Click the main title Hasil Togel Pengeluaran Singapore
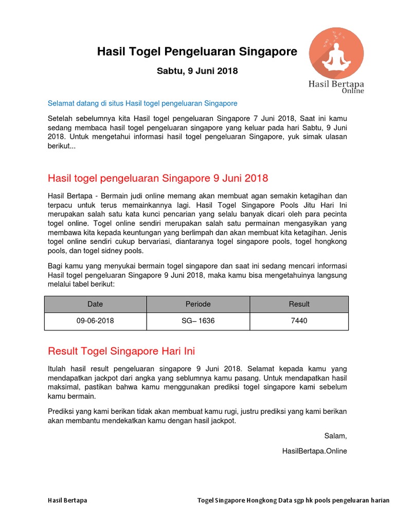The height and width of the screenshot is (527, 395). pos(197,51)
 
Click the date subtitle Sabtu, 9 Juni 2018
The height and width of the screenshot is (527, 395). pos(197,71)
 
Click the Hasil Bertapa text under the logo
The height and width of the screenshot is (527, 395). pos(336,83)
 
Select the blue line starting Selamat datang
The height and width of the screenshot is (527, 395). pos(142,103)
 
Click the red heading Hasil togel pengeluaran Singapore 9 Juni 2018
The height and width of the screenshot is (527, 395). pos(158,178)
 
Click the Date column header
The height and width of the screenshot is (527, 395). pos(95,304)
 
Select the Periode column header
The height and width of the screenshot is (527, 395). pos(198,304)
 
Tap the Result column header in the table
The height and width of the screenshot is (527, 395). pos(299,304)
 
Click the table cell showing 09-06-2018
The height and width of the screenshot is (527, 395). pos(95,321)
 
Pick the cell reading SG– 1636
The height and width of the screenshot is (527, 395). pos(198,321)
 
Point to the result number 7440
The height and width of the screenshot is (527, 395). pos(299,321)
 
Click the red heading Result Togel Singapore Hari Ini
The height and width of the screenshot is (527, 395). pos(121,351)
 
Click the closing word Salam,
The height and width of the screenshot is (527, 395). pos(335,436)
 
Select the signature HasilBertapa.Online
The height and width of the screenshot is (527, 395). pos(314,451)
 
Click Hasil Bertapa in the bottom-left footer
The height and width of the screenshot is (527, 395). pos(67,500)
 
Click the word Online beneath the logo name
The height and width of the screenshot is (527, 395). pos(353,91)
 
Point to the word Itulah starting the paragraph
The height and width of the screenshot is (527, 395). pos(58,369)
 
